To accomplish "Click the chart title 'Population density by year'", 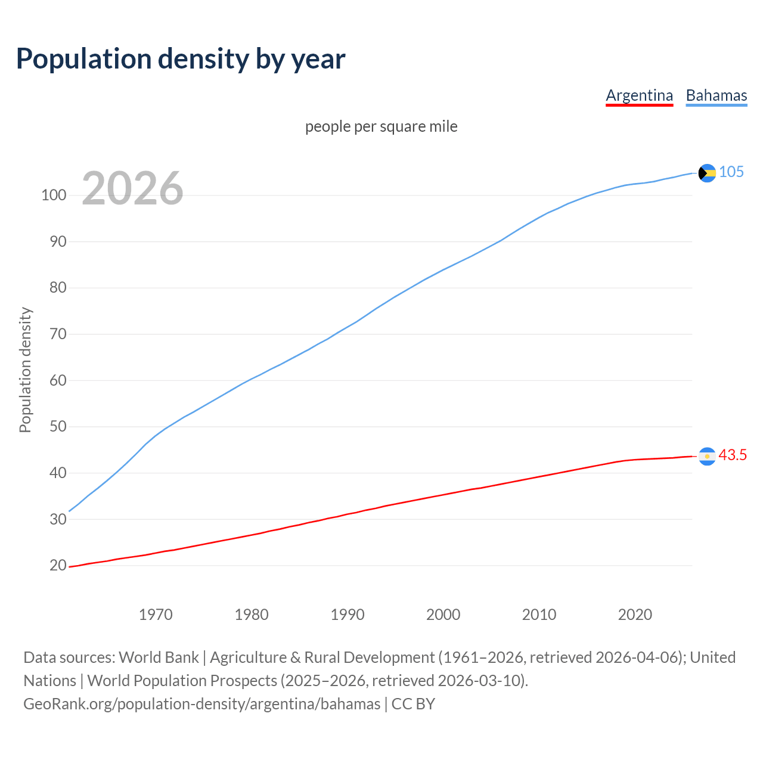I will (181, 58).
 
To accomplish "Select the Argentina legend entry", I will (639, 95).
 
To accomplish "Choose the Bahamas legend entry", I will (716, 95).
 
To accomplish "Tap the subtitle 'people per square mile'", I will (381, 126).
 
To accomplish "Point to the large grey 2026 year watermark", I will (132, 188).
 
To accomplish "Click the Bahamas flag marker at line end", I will (707, 173).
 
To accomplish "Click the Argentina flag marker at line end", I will (707, 456).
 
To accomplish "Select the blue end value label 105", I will (731, 172).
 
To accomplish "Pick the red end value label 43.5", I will (733, 455).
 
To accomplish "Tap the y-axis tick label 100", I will (53, 195).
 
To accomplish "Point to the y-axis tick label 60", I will (58, 380).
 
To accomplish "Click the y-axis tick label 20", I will (58, 565).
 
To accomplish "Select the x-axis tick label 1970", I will (156, 614).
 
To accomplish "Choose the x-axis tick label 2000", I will (443, 614).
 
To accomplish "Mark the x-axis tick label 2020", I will (635, 614).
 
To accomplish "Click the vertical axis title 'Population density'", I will (25, 370).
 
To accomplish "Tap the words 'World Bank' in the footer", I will (159, 657).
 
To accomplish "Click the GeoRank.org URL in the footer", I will (201, 704).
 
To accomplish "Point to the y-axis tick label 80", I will (58, 288).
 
